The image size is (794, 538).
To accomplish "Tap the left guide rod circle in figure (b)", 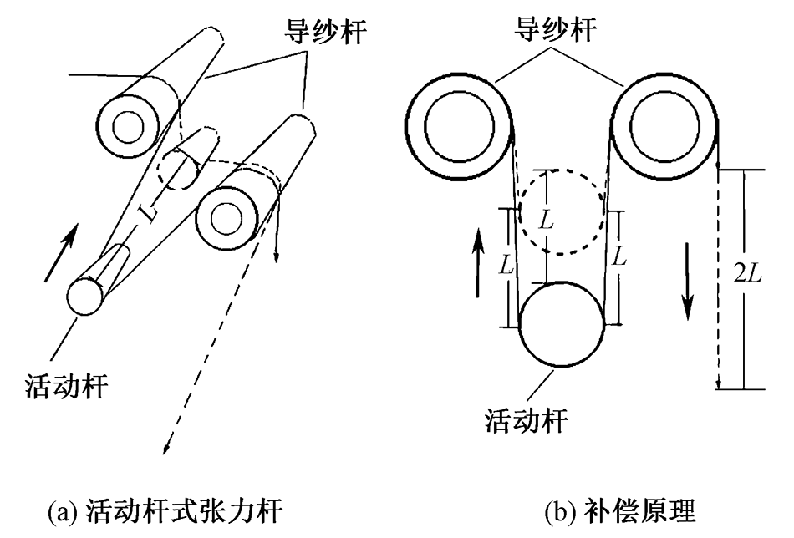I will pos(461,125).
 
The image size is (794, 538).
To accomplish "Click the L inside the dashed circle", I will pos(546,221).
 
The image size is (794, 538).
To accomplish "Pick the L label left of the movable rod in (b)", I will pos(504,266).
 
